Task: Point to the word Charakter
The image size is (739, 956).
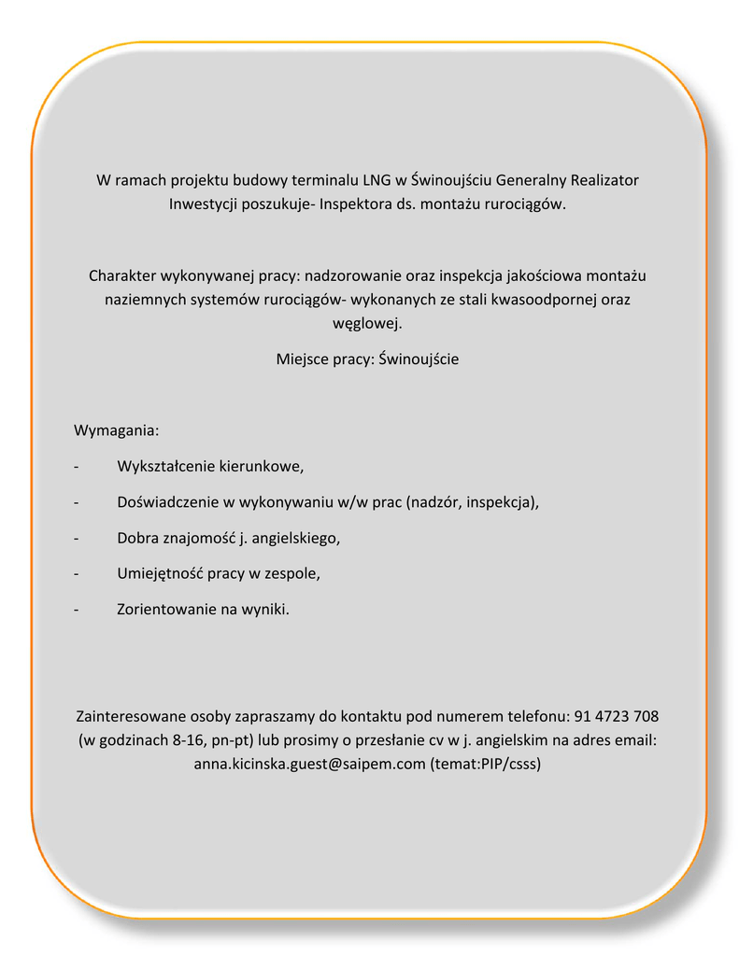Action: coord(122,276)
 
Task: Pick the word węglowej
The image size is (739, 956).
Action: coord(368,324)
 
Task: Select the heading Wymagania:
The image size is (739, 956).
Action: coord(117,431)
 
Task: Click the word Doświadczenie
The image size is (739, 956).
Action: coord(168,502)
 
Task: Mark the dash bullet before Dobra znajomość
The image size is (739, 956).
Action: coord(76,539)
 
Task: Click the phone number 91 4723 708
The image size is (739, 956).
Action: coord(617,717)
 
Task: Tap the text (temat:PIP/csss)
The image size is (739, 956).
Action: coord(487,764)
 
